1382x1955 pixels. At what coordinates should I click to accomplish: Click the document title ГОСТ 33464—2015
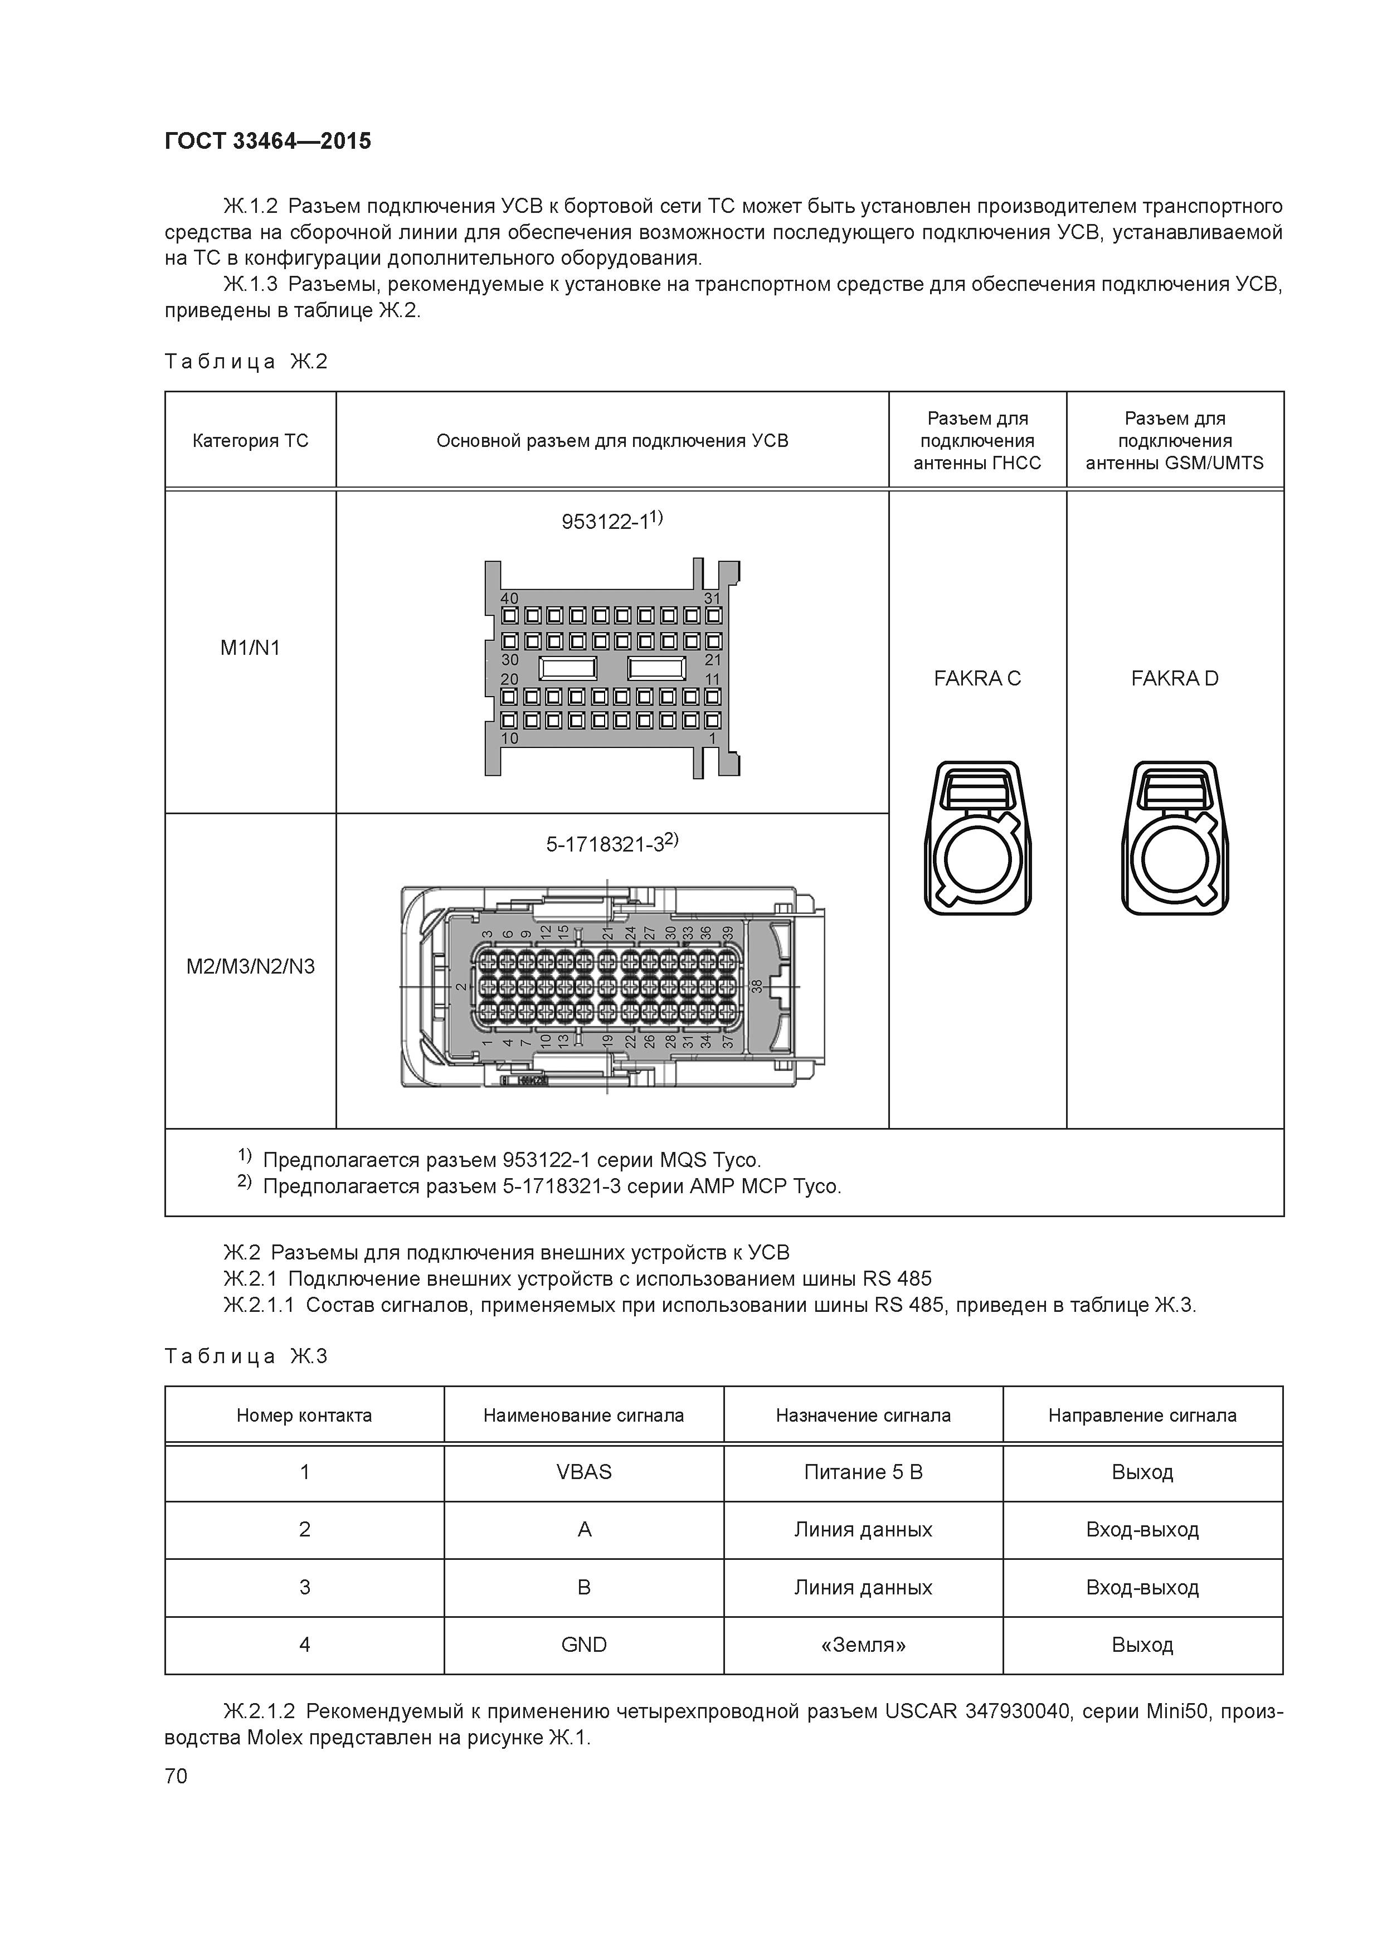coord(267,142)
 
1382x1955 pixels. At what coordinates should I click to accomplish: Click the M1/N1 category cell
coord(250,648)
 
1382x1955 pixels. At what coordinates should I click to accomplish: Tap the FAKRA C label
coord(977,679)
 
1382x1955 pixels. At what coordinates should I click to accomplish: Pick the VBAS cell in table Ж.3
coord(583,1472)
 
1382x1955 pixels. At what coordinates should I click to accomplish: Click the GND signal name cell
coord(583,1644)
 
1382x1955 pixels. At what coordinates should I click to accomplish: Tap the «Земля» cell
coord(863,1644)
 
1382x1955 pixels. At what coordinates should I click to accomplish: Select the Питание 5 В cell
coord(863,1472)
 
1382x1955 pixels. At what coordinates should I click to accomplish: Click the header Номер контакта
coord(304,1415)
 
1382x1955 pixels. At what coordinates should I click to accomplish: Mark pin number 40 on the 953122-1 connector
coord(509,599)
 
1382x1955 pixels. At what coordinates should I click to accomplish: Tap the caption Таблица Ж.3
coord(246,1356)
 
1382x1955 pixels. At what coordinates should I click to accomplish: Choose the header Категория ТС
coord(250,441)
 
